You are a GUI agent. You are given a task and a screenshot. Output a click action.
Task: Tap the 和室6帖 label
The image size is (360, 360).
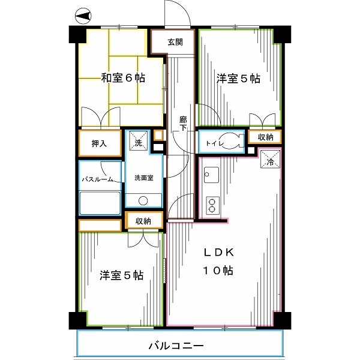[122, 77]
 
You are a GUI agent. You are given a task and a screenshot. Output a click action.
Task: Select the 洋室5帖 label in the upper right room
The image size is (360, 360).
[238, 78]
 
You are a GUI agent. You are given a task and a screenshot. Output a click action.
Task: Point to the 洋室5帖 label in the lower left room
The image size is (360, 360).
[121, 275]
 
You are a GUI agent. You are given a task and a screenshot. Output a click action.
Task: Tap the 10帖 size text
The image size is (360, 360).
[217, 270]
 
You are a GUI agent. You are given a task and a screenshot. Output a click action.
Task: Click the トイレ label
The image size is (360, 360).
[214, 143]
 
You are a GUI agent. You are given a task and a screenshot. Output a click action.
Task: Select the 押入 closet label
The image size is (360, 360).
[99, 143]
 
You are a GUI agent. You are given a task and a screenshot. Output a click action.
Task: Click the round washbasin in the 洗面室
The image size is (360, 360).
[143, 201]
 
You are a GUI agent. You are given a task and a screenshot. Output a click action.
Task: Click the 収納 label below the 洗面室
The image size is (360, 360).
[143, 221]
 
